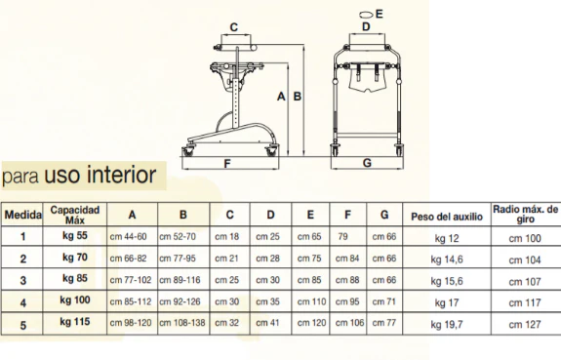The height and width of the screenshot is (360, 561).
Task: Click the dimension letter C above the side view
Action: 233,27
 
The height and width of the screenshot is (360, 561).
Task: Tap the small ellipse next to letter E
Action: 366,15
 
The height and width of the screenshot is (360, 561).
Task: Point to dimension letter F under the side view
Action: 227,164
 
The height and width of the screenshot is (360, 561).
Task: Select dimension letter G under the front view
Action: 367,163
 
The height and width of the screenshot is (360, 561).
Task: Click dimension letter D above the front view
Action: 366,27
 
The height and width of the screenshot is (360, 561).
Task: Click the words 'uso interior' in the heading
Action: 100,175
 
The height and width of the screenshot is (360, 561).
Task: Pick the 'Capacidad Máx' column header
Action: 75,215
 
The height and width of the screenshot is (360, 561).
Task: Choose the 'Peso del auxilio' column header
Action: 447,217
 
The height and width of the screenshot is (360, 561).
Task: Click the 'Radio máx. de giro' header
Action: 525,214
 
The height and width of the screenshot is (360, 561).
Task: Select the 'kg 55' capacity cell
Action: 75,235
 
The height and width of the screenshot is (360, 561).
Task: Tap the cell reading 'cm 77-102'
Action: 131,280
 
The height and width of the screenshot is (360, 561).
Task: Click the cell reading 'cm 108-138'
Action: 182,323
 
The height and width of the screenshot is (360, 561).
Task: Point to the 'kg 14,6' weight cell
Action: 447,260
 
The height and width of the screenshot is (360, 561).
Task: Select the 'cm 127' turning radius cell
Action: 525,324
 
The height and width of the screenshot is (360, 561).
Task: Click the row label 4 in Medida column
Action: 22,303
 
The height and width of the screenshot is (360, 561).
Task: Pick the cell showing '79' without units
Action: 342,236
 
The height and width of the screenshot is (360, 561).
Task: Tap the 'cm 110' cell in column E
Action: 311,301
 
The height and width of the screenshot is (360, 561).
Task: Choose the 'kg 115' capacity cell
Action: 75,321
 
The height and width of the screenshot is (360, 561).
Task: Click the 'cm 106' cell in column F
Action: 349,323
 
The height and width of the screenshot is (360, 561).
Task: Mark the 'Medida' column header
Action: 22,215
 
